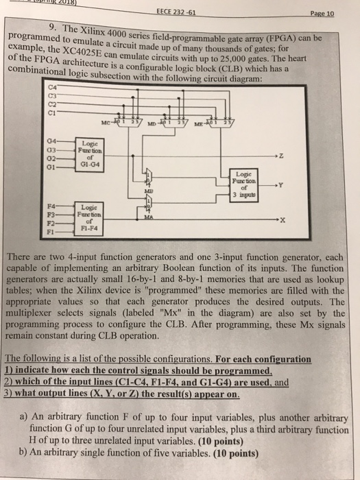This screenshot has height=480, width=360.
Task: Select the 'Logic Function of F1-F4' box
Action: tap(91, 212)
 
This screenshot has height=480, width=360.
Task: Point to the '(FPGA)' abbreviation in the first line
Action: tap(288, 38)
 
